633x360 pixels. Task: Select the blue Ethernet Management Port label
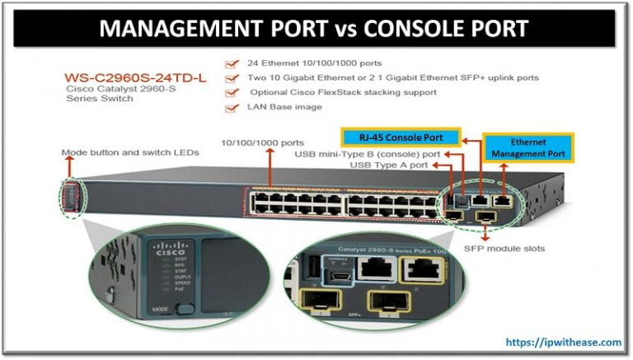pyautogui.click(x=528, y=147)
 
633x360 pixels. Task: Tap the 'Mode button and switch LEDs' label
pyautogui.click(x=120, y=153)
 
